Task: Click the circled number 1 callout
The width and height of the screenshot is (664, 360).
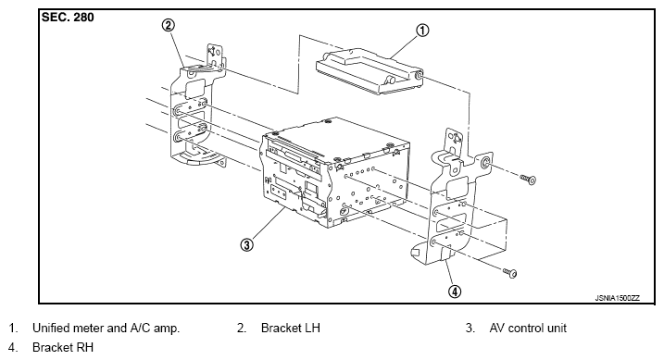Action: (x=422, y=31)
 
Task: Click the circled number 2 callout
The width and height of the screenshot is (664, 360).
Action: (x=169, y=25)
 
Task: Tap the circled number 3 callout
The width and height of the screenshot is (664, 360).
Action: (x=247, y=244)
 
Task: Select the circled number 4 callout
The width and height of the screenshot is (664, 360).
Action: (x=455, y=292)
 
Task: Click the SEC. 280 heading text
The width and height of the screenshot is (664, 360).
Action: (x=68, y=18)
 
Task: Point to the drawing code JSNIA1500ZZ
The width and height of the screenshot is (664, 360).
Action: (x=617, y=298)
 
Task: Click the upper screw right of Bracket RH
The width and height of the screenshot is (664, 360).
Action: (x=529, y=179)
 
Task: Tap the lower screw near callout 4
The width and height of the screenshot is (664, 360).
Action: (x=510, y=272)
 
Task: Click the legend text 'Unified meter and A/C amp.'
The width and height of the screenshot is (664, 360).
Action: (x=106, y=328)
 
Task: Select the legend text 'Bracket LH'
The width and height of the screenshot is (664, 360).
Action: (x=291, y=328)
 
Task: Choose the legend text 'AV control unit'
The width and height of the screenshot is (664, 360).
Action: (x=528, y=328)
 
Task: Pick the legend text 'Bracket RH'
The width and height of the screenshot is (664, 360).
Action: (x=63, y=347)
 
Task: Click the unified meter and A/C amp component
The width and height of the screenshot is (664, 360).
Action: (x=370, y=72)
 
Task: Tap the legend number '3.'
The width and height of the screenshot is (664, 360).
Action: (x=470, y=328)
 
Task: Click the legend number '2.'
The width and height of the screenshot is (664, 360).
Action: (x=242, y=328)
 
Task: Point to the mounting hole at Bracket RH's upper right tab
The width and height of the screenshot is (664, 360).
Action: (x=485, y=163)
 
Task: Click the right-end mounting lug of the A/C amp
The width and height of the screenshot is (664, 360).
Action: (x=419, y=75)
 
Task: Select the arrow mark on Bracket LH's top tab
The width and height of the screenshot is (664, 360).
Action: (x=211, y=52)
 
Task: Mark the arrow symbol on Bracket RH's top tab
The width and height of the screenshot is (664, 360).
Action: (x=456, y=139)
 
